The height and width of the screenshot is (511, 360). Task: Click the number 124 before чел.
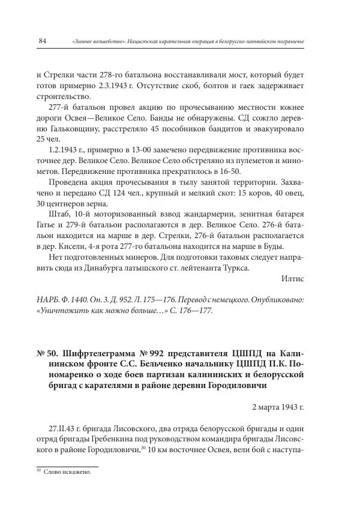125,194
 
